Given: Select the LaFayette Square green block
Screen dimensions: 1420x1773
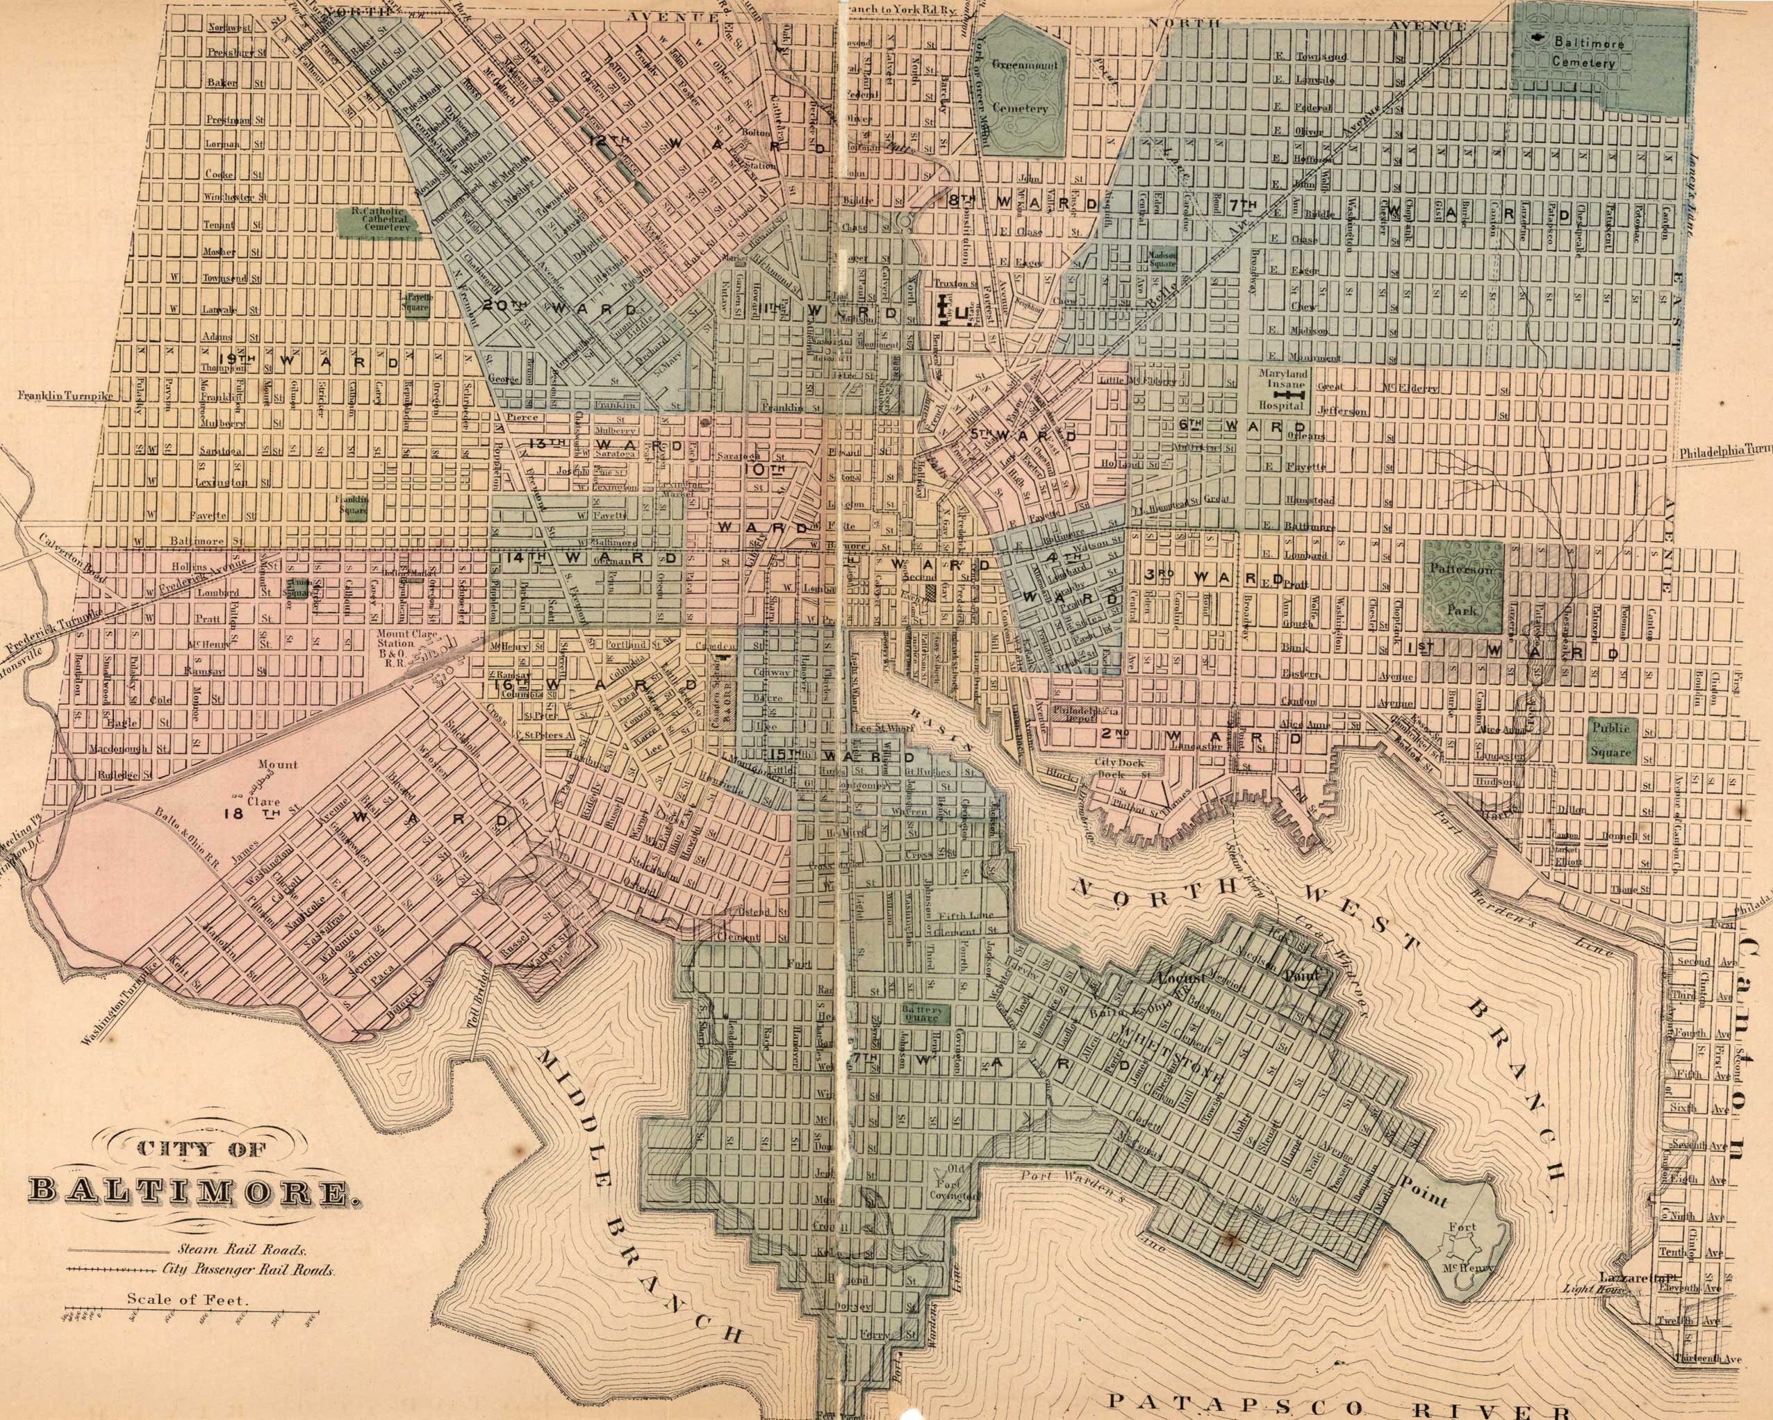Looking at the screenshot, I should tap(416, 304).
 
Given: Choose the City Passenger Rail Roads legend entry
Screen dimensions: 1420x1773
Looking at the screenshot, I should tap(247, 1271).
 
